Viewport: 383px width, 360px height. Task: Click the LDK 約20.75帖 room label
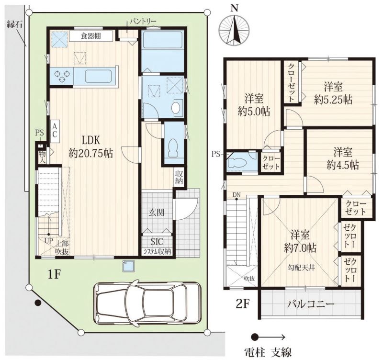(x=90, y=147)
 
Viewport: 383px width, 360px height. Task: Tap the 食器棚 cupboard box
(x=91, y=36)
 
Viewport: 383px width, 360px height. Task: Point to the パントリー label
(x=143, y=22)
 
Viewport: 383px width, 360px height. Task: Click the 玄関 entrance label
(x=157, y=213)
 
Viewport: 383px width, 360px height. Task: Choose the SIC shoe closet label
(x=157, y=242)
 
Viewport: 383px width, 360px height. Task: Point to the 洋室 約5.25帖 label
(x=333, y=93)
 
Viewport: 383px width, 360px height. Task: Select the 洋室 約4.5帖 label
(x=343, y=158)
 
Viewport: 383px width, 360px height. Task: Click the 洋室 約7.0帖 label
(x=300, y=241)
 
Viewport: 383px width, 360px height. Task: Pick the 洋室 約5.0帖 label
(x=254, y=105)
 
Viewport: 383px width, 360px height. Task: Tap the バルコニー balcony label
(x=310, y=304)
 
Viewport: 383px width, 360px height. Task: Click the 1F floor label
(x=54, y=275)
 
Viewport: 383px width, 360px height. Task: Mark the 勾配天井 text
(x=301, y=268)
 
